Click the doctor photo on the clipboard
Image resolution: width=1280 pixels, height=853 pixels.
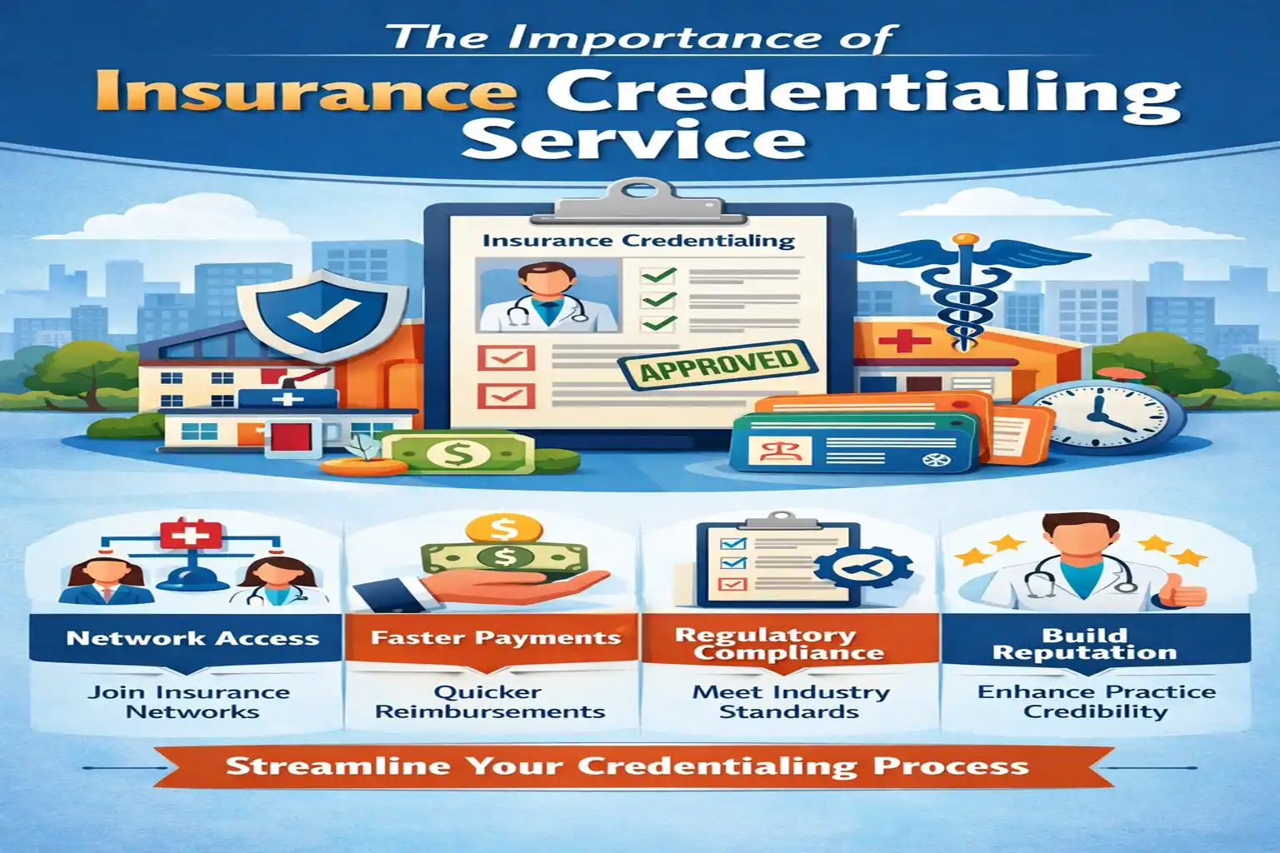tap(547, 296)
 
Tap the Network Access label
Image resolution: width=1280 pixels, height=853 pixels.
tap(192, 639)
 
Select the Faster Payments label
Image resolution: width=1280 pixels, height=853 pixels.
tap(496, 639)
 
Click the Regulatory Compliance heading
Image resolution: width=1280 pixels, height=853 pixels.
tap(777, 644)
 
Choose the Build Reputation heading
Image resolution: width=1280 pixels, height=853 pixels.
tap(1084, 644)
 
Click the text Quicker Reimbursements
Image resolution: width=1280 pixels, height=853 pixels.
tap(489, 702)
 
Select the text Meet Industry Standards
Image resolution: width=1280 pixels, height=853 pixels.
tap(790, 702)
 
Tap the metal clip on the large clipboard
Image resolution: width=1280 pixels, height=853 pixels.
tap(639, 198)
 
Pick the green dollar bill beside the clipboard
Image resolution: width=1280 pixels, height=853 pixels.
tap(459, 453)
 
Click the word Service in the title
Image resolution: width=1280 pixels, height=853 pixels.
tap(633, 140)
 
